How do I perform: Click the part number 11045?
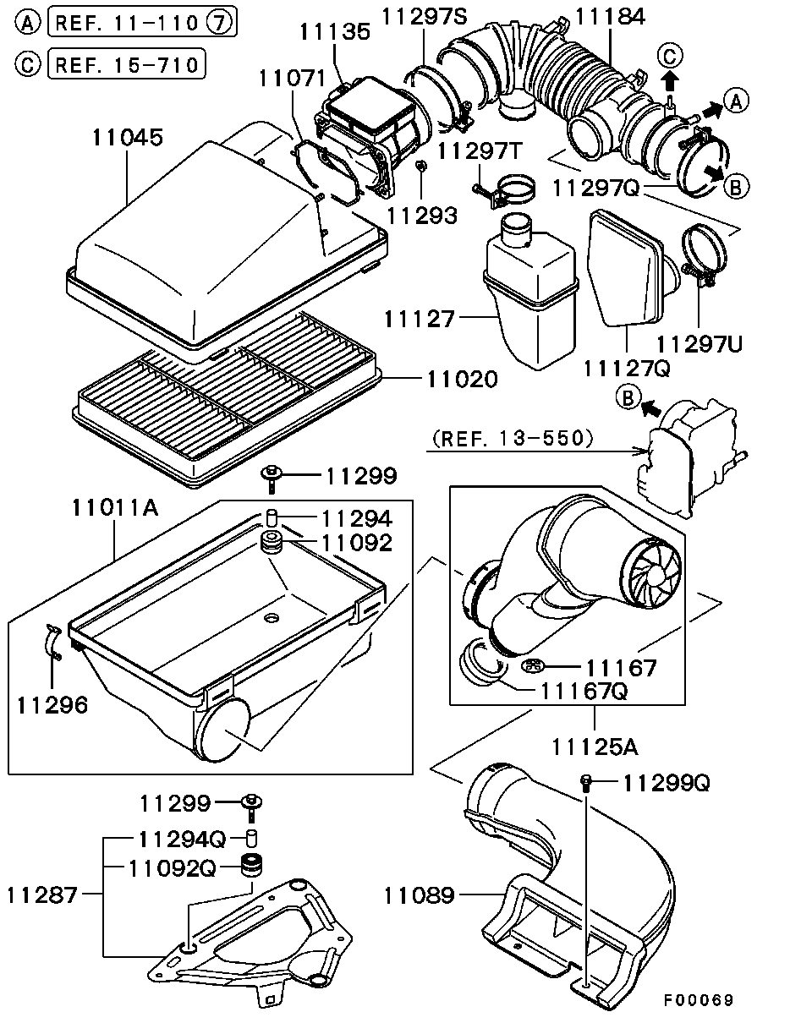click(x=128, y=137)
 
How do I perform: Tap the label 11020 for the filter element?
click(x=463, y=379)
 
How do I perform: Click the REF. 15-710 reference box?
click(x=127, y=64)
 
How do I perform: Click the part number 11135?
click(x=335, y=32)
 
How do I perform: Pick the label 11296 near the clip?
click(x=52, y=705)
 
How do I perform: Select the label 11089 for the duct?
click(x=419, y=895)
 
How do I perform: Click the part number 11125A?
click(x=595, y=747)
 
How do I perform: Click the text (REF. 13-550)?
click(x=513, y=438)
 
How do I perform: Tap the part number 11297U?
click(x=700, y=344)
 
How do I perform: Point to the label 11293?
click(x=422, y=216)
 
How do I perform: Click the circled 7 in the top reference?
click(x=219, y=22)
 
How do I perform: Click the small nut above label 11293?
click(x=420, y=165)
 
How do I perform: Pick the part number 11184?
click(x=611, y=17)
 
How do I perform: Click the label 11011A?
click(x=115, y=507)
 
